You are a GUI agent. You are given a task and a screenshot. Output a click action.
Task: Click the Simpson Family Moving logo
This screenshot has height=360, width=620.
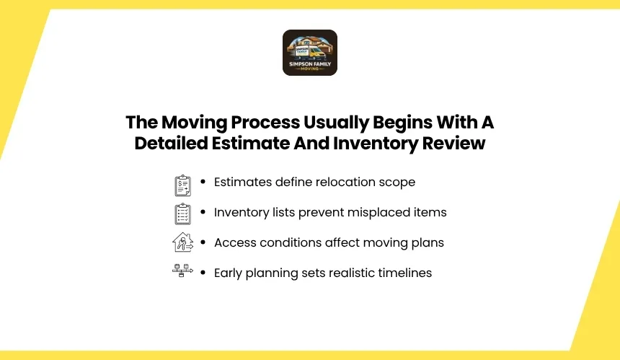(310, 53)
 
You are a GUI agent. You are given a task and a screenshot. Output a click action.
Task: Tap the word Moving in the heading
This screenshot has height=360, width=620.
(194, 123)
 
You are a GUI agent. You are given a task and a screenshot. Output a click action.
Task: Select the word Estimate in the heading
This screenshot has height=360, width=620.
(251, 143)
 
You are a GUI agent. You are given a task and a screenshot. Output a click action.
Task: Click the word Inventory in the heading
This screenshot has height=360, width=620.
(375, 144)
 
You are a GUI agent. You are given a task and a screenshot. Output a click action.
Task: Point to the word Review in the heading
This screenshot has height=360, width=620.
(453, 143)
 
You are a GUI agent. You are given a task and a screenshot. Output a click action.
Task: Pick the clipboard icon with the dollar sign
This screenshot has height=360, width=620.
(182, 185)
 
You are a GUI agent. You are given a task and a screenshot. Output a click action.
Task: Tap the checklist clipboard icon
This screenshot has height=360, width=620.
(182, 214)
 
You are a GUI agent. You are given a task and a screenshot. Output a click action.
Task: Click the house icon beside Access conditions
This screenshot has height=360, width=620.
(182, 242)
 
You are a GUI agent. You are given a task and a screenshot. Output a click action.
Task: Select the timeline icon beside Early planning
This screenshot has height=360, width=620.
(182, 271)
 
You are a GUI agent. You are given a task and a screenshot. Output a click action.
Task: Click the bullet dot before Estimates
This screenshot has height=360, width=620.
(203, 182)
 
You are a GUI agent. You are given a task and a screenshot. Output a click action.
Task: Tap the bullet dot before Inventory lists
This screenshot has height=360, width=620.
(203, 212)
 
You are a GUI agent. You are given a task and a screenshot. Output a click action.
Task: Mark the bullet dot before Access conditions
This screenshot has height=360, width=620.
(203, 242)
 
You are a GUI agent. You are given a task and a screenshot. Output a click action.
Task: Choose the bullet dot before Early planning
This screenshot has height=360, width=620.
(203, 273)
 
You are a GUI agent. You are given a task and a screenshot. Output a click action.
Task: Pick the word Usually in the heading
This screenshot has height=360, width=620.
(336, 123)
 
